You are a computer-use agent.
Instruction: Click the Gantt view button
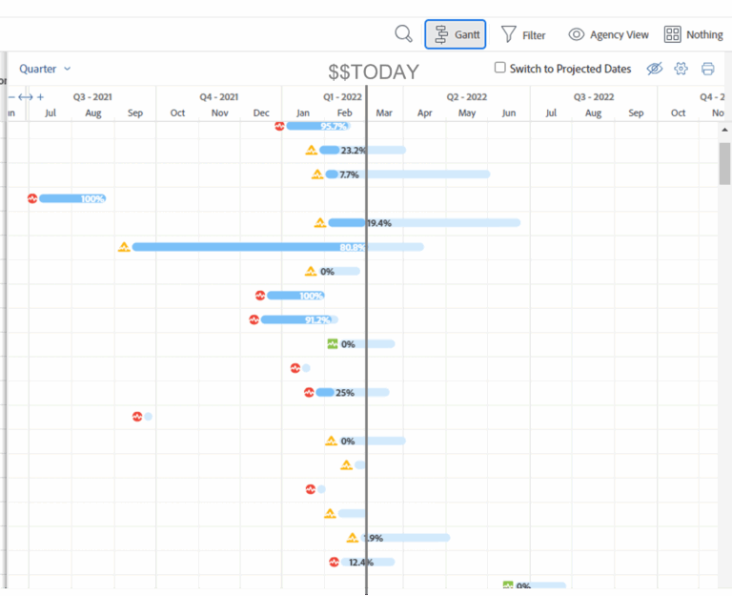pyautogui.click(x=455, y=35)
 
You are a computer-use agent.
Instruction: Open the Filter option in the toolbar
pyautogui.click(x=523, y=35)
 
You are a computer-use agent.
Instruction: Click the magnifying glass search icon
pyautogui.click(x=404, y=34)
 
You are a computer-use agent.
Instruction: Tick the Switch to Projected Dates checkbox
pyautogui.click(x=500, y=69)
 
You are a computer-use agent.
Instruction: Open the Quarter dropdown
pyautogui.click(x=45, y=69)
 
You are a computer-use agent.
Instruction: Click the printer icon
pyautogui.click(x=707, y=69)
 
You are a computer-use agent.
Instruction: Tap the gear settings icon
pyautogui.click(x=681, y=69)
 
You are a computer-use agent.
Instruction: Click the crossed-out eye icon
pyautogui.click(x=654, y=69)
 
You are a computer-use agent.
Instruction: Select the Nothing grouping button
pyautogui.click(x=693, y=35)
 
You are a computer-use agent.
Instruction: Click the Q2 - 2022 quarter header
pyautogui.click(x=467, y=96)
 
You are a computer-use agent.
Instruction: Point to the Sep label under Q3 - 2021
pyautogui.click(x=135, y=113)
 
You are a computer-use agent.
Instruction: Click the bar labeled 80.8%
pyautogui.click(x=248, y=247)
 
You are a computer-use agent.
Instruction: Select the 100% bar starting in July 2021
pyautogui.click(x=71, y=198)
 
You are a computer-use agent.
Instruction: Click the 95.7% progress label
pyautogui.click(x=334, y=126)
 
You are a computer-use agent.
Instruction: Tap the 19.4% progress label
pyautogui.click(x=379, y=223)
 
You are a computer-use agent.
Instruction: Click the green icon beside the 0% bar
pyautogui.click(x=333, y=344)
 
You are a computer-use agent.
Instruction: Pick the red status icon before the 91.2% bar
pyautogui.click(x=254, y=319)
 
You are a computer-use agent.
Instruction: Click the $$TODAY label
pyautogui.click(x=374, y=72)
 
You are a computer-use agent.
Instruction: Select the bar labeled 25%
pyautogui.click(x=326, y=392)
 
